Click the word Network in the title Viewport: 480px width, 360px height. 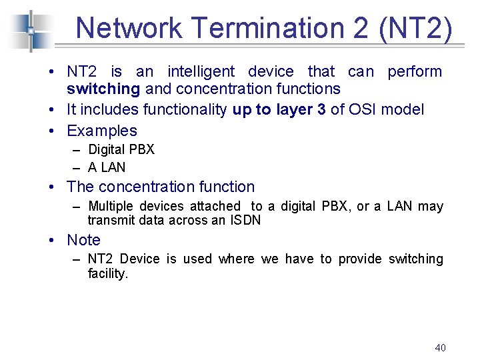tap(129, 28)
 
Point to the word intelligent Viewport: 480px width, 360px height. tap(201, 71)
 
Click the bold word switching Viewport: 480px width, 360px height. tap(103, 89)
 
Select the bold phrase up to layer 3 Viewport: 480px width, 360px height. tap(279, 109)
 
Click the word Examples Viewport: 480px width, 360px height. tap(102, 131)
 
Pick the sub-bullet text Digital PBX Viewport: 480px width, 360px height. tap(121, 149)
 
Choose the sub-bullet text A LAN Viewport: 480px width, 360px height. tap(107, 167)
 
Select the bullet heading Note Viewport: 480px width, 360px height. tap(84, 240)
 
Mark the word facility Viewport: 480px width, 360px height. tap(107, 273)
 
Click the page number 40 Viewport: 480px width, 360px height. tap(440, 347)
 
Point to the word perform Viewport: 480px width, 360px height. tap(415, 71)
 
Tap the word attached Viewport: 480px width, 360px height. tap(215, 206)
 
